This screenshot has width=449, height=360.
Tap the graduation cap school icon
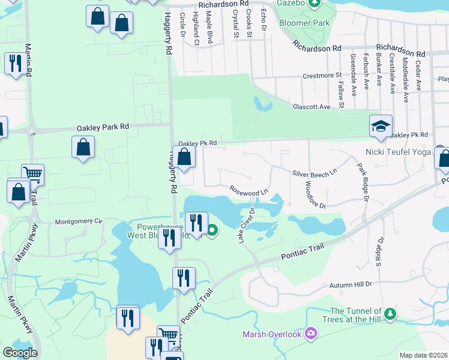(x=381, y=126)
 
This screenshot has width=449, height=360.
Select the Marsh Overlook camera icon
(x=310, y=333)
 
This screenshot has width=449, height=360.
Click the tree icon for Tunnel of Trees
(x=390, y=314)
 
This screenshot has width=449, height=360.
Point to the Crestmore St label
(x=322, y=76)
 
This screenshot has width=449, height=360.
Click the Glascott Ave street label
(x=312, y=107)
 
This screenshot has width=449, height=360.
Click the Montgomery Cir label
(x=79, y=221)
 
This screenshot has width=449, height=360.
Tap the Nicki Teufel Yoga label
(x=398, y=152)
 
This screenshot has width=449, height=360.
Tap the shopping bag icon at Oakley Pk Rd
(x=184, y=157)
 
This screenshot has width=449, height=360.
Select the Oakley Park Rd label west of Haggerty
(x=103, y=127)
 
